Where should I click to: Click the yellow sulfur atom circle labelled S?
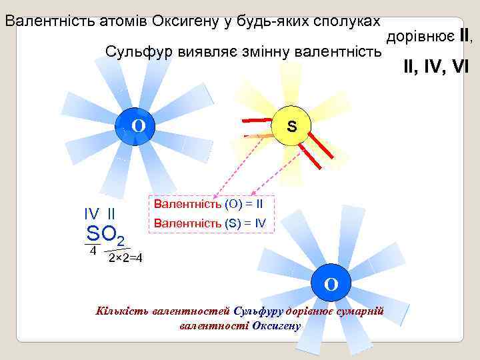291,125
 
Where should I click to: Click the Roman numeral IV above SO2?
91,215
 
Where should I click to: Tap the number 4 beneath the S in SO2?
93,251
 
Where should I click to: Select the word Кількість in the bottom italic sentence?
123,311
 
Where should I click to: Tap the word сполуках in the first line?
352,19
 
